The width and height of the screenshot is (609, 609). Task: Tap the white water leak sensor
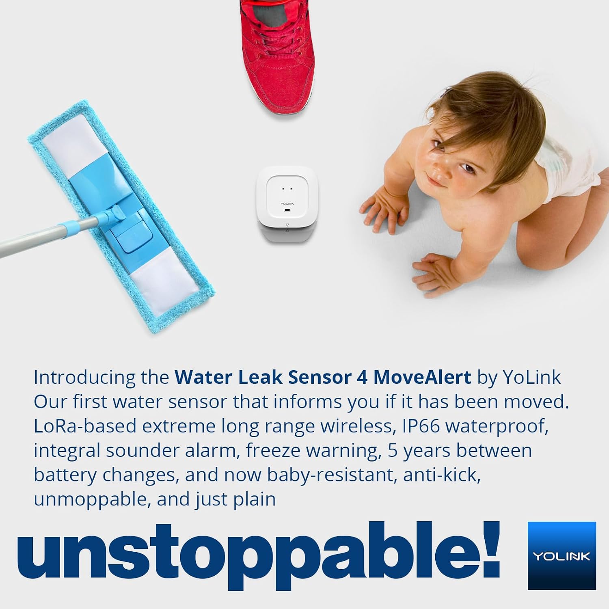tap(287, 204)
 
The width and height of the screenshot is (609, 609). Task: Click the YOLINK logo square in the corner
tap(561, 555)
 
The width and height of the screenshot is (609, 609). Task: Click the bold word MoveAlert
tap(422, 377)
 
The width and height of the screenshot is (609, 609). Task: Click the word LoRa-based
tap(85, 426)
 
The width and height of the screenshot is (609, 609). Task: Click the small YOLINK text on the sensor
tap(287, 203)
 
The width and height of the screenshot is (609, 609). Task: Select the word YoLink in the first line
tap(532, 377)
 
